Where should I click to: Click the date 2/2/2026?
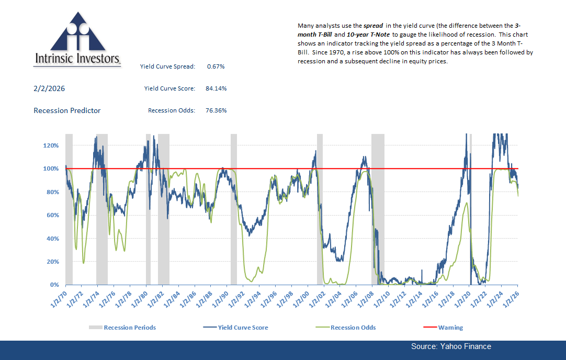click(49, 89)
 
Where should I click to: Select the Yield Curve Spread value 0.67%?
click(216, 66)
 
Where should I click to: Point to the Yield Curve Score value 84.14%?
click(216, 89)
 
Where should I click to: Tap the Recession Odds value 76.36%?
click(216, 110)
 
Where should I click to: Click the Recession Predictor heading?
click(67, 110)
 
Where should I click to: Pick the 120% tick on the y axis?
click(51, 145)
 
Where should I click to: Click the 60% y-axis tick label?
click(52, 215)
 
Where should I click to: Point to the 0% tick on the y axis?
click(54, 285)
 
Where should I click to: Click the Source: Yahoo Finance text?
click(451, 346)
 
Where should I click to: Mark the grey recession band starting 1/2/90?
click(234, 209)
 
